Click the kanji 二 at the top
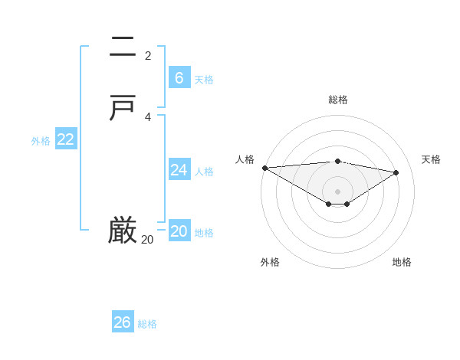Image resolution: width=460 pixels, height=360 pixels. click(123, 48)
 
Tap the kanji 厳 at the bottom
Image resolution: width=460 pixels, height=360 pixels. click(123, 231)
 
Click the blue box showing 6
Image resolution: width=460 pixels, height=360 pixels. click(179, 78)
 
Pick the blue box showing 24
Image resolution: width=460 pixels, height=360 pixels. click(179, 170)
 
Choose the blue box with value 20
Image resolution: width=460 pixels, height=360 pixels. click(179, 231)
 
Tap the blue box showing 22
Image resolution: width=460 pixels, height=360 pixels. click(66, 139)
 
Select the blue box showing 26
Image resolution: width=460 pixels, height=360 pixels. click(123, 322)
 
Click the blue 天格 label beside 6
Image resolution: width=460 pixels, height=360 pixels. click(204, 80)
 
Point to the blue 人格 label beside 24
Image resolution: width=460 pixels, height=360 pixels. click(205, 172)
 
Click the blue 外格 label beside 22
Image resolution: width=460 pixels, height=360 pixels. click(41, 141)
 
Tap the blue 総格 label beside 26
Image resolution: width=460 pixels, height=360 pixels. click(147, 324)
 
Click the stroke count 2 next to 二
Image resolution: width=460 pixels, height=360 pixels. click(148, 55)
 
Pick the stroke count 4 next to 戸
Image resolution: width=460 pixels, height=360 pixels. click(148, 116)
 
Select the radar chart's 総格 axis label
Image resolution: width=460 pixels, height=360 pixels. click(338, 100)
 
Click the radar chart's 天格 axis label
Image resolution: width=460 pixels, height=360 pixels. click(432, 159)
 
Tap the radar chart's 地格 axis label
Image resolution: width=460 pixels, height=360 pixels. click(402, 262)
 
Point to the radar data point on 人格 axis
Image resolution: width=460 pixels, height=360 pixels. click(264, 168)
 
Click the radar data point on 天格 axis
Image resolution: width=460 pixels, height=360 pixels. click(396, 172)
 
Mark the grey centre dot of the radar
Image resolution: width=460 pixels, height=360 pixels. click(338, 191)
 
